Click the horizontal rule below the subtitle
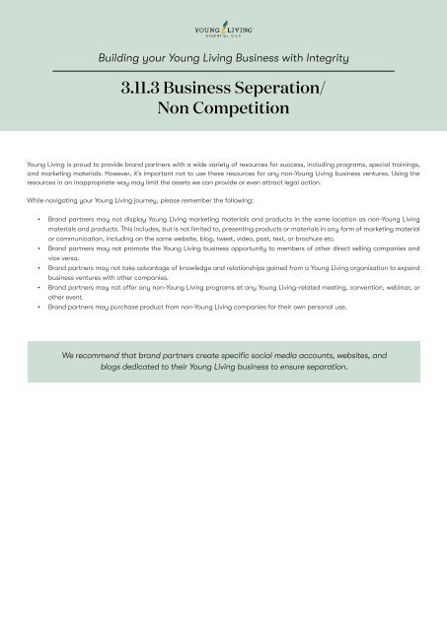click(223, 71)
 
